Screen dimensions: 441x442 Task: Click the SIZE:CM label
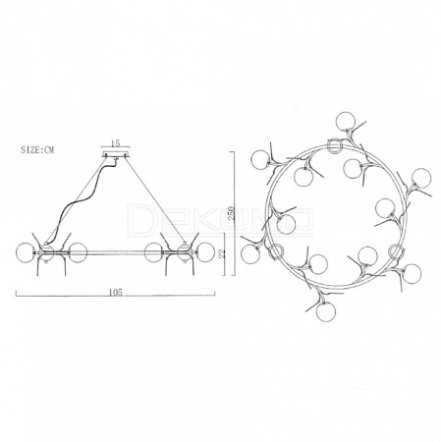click(x=37, y=150)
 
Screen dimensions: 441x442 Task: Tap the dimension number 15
click(x=115, y=143)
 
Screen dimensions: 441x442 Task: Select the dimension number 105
click(x=116, y=293)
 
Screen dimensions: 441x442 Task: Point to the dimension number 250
click(x=232, y=214)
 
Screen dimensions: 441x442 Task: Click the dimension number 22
click(x=223, y=253)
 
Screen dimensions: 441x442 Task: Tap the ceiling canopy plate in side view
click(x=116, y=155)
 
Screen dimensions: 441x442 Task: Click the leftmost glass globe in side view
click(x=26, y=252)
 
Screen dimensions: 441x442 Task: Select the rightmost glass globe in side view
click(x=205, y=252)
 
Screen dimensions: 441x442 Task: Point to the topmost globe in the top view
click(x=346, y=121)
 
